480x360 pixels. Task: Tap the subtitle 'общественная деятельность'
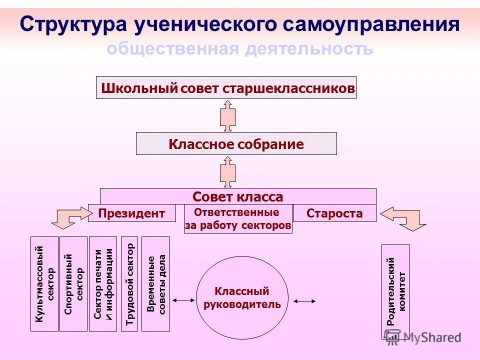point(240,48)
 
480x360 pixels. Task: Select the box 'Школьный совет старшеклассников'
point(226,87)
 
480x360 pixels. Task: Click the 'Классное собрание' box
point(236,144)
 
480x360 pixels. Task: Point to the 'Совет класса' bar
point(237,196)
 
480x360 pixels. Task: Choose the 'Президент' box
point(131,213)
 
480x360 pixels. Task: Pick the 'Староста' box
point(334,213)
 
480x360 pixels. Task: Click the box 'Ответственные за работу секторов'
point(238,219)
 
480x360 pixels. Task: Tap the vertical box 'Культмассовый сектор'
point(44,283)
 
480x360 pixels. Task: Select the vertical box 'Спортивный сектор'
point(73,283)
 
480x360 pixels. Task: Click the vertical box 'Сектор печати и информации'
point(103,283)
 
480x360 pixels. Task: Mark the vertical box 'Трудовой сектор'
point(129,283)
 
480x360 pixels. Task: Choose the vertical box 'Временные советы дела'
point(156,283)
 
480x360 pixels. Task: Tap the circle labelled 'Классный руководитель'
point(242,298)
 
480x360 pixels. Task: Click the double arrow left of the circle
point(183,300)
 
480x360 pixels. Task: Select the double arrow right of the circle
point(304,301)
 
